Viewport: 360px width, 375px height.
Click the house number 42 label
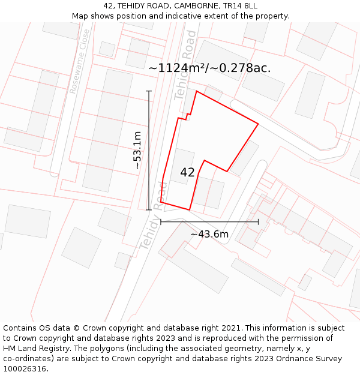point(187,173)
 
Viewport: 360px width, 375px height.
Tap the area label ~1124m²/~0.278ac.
point(209,68)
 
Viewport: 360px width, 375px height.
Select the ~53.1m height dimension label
point(137,150)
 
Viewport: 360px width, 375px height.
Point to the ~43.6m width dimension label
point(209,234)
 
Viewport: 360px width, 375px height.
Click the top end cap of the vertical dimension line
point(149,91)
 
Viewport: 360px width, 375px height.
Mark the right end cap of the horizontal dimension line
point(259,222)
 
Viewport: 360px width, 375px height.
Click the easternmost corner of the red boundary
point(258,124)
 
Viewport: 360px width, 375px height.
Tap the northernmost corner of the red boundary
point(197,91)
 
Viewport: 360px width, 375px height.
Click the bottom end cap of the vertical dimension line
point(149,210)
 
